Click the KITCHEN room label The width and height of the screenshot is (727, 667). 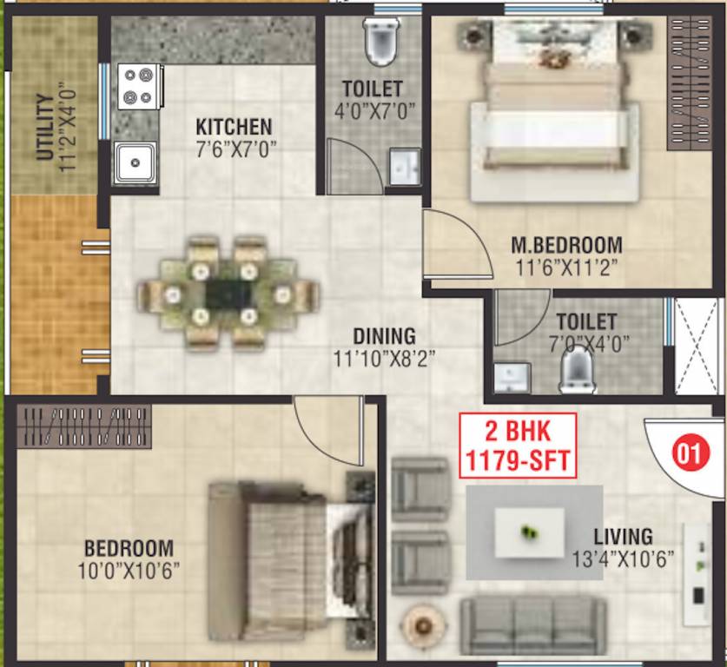[x=234, y=127]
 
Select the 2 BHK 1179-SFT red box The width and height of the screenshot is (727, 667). [x=518, y=445]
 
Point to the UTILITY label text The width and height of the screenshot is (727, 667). [x=43, y=127]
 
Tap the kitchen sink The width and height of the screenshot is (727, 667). [x=135, y=162]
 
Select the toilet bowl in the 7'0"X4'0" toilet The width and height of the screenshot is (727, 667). [x=577, y=368]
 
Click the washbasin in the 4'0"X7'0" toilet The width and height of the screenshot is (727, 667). [x=404, y=166]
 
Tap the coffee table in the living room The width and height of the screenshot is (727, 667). [x=529, y=532]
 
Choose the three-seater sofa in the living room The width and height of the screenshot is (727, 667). [x=532, y=625]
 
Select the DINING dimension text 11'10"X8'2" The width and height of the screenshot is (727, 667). [x=384, y=357]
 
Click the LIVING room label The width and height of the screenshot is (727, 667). [x=623, y=537]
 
